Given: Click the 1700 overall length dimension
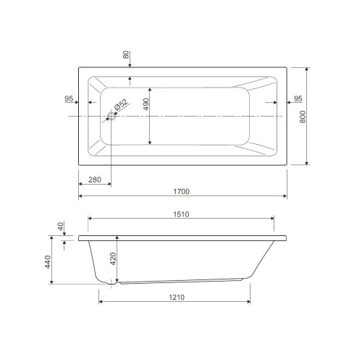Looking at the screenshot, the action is click(182, 191).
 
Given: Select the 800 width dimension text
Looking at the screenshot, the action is click(303, 117).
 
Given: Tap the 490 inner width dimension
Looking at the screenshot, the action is click(146, 104).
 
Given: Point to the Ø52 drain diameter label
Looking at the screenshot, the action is click(121, 104).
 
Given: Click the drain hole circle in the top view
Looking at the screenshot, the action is click(111, 116).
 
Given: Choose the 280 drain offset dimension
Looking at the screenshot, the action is click(95, 180).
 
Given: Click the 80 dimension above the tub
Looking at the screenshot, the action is click(126, 54).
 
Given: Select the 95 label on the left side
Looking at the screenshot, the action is click(69, 98).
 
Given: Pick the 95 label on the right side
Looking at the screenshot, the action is click(298, 98).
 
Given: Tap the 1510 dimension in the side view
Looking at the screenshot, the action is click(181, 214).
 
